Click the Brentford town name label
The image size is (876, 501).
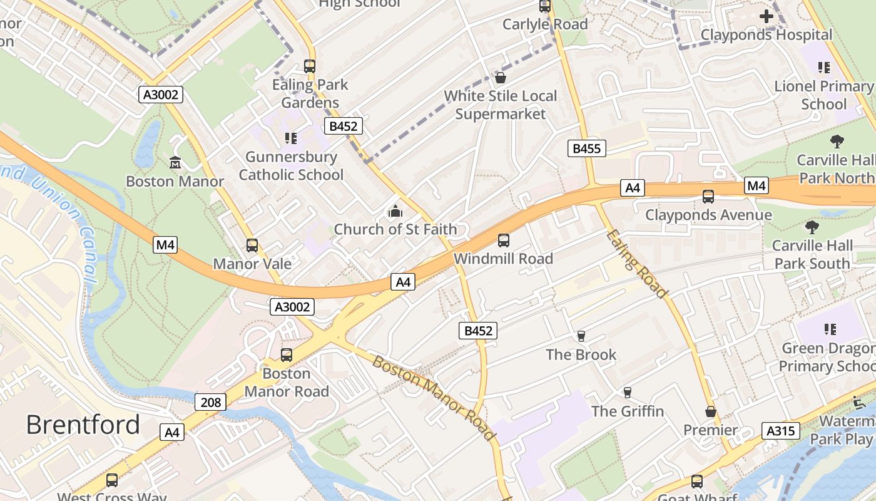click(83, 425)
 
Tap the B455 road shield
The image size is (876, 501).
click(586, 148)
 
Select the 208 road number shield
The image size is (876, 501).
click(210, 402)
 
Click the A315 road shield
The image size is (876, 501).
click(781, 430)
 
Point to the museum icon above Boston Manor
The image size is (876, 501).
click(175, 163)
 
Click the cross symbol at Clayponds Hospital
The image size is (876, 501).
click(766, 16)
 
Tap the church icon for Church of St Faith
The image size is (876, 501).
click(395, 212)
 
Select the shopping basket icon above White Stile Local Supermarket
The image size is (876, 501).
click(500, 78)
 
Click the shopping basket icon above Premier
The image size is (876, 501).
click(710, 411)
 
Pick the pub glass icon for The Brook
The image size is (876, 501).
click(581, 336)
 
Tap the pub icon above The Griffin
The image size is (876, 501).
click(627, 393)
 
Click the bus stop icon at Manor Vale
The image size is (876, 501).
click(252, 245)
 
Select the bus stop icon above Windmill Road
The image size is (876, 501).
click(503, 240)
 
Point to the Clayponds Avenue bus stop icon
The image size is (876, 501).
click(708, 197)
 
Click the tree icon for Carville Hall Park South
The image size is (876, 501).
click(812, 227)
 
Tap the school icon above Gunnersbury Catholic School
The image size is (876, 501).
click(290, 138)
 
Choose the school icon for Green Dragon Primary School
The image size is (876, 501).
click(830, 329)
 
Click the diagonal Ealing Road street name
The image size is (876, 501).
click(637, 264)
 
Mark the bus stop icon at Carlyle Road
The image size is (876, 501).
click(545, 6)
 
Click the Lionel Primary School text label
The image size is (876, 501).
click(823, 95)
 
